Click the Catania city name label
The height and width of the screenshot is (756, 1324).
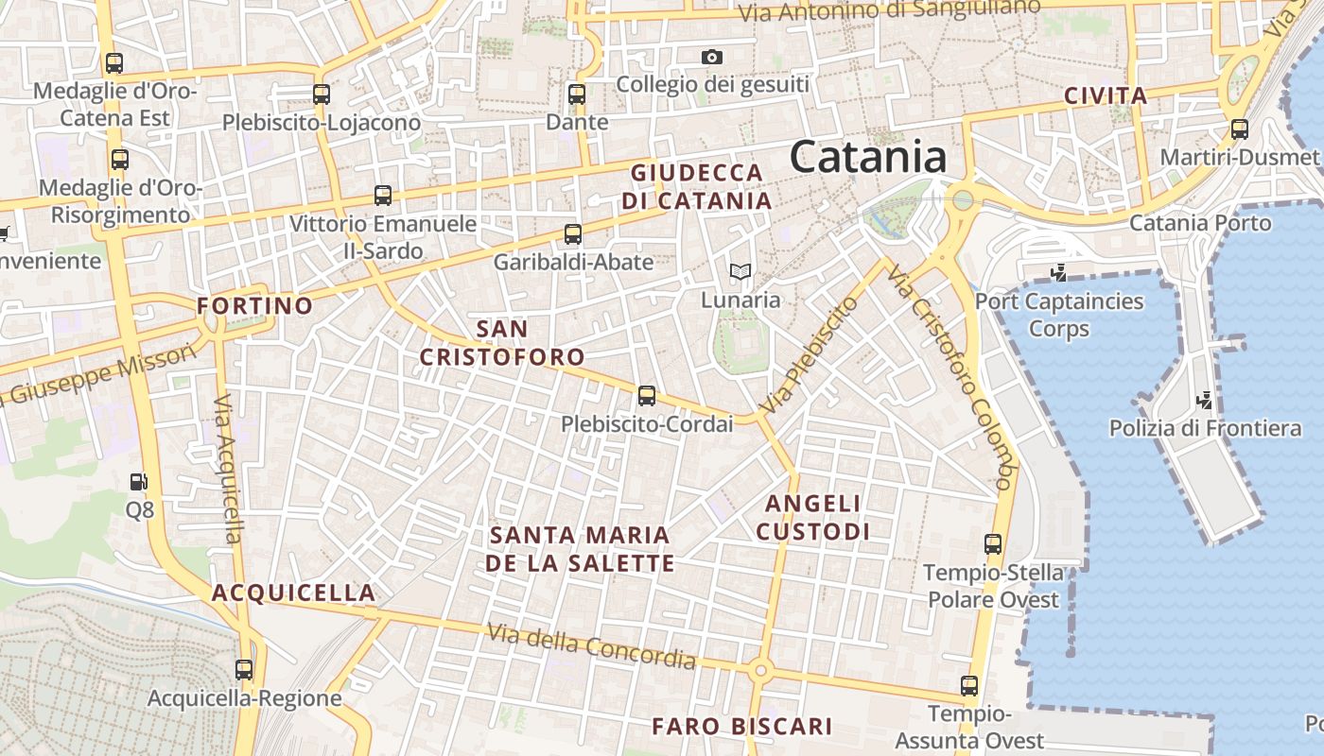tap(867, 157)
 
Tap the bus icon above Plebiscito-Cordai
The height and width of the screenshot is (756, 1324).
tap(647, 396)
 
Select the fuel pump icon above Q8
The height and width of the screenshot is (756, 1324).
tap(139, 482)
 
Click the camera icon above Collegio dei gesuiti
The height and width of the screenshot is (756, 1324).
tap(712, 58)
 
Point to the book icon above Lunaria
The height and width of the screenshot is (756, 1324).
tap(740, 272)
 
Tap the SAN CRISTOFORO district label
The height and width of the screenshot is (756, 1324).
tap(502, 343)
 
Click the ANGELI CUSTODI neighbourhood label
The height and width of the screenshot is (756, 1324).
tap(812, 517)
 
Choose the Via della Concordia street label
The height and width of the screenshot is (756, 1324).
tap(591, 646)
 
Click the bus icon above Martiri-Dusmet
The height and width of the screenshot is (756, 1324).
tap(1239, 129)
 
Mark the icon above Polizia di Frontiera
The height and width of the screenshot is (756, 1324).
tap(1204, 401)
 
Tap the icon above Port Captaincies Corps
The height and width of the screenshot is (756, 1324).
tap(1058, 273)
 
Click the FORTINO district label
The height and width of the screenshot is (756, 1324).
tap(254, 305)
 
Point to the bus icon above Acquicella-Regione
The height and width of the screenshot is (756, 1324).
tap(244, 670)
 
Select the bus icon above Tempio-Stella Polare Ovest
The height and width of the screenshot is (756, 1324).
tap(992, 544)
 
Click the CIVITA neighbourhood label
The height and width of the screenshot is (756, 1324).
tap(1106, 95)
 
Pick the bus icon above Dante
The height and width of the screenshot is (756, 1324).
tap(577, 94)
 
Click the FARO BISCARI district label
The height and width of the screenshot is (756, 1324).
tap(742, 727)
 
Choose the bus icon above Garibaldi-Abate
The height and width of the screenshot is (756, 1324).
tap(572, 234)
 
